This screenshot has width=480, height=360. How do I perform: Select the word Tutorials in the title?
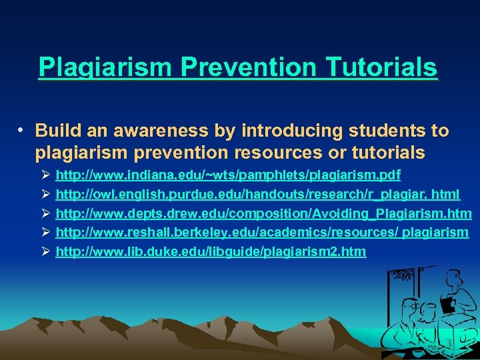pyautogui.click(x=376, y=67)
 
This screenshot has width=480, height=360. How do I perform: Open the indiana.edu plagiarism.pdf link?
pyautogui.click(x=228, y=175)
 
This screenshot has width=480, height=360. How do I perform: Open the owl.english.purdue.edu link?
pyautogui.click(x=257, y=195)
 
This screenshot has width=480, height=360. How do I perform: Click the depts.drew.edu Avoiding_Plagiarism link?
pyautogui.click(x=263, y=213)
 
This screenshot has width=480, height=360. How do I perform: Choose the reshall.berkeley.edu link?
pyautogui.click(x=262, y=233)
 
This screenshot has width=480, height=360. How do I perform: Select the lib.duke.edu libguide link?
pyautogui.click(x=211, y=252)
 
